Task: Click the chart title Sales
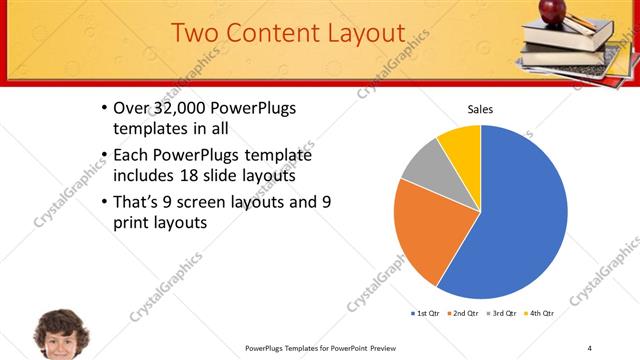click(481, 109)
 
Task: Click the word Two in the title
click(197, 33)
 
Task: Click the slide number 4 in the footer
click(590, 347)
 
